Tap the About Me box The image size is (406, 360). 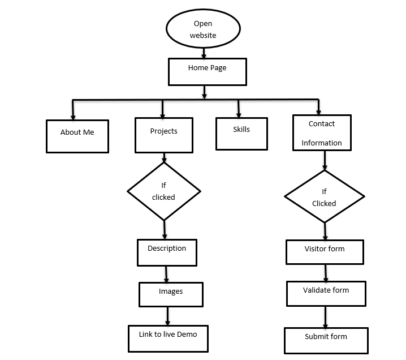(x=77, y=136)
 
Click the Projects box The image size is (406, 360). (x=163, y=135)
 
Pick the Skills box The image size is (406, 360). (x=241, y=133)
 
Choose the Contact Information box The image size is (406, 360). (x=322, y=133)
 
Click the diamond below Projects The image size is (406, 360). (x=163, y=191)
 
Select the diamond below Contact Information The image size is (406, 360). (x=324, y=197)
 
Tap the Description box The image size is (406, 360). (x=167, y=252)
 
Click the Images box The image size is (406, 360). (x=171, y=294)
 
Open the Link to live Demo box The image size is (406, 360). (x=168, y=338)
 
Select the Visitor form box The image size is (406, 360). (x=325, y=252)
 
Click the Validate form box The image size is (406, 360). (x=326, y=293)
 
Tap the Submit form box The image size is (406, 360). (x=326, y=340)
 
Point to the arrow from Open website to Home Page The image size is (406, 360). (x=204, y=52)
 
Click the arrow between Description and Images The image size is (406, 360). (x=167, y=275)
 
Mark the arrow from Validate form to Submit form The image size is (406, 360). (x=325, y=317)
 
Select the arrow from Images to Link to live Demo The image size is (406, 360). (x=167, y=316)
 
